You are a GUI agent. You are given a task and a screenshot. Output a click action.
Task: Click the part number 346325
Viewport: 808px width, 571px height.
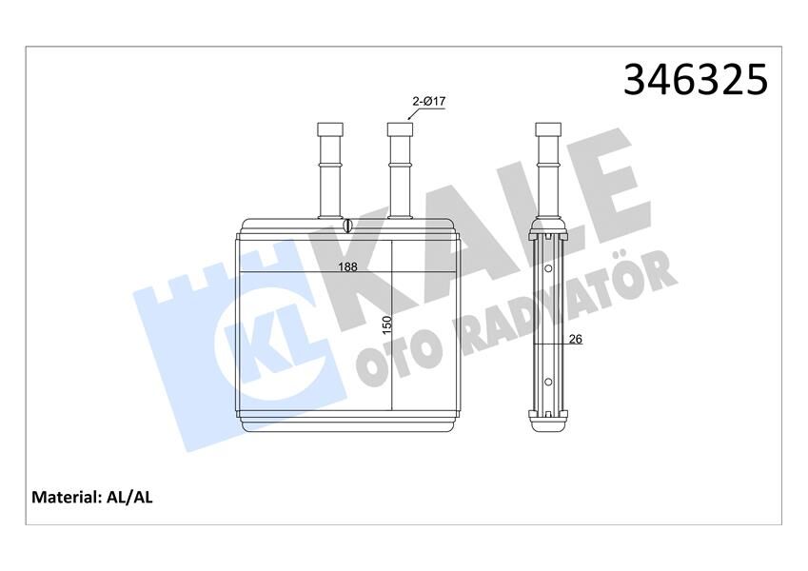695,80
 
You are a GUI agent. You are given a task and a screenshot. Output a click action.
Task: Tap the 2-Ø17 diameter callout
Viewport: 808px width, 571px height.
428,100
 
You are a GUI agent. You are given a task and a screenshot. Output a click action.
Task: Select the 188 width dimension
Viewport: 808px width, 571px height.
348,267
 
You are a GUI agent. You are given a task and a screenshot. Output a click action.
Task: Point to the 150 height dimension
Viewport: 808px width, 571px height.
386,324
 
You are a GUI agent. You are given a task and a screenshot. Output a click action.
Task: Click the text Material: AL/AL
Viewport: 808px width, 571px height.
92,497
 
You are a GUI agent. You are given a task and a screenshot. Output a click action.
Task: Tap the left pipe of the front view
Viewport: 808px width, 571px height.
328,171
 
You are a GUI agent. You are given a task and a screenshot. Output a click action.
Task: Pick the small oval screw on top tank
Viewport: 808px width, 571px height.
348,226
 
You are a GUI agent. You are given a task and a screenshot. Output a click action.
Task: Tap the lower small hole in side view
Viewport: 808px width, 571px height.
547,383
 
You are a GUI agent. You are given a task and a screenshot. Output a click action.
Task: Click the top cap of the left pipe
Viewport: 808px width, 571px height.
328,129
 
